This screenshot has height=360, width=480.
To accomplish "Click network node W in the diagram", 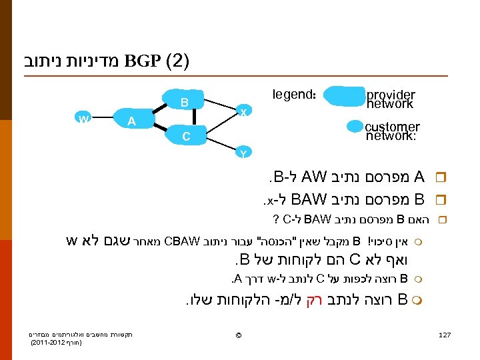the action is tap(83, 119).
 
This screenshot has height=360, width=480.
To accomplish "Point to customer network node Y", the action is tap(243, 153).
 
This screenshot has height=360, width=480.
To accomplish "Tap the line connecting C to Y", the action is tap(220, 144).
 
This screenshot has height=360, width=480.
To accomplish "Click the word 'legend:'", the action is tap(294, 95).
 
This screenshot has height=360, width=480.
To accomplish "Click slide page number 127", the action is tap(445, 334).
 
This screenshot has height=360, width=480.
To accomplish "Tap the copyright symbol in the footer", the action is tap(239, 334).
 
